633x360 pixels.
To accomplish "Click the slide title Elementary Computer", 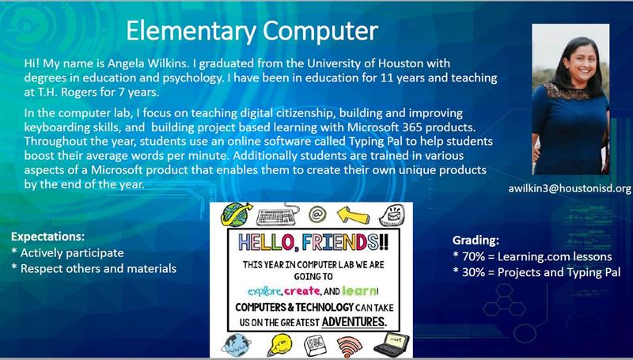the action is pyautogui.click(x=252, y=31).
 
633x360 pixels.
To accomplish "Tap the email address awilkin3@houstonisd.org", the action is pyautogui.click(x=569, y=188).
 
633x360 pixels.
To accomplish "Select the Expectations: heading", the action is pyautogui.click(x=47, y=237).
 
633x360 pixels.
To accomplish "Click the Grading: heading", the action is pyautogui.click(x=476, y=241).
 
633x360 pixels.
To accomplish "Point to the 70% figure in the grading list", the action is pyautogui.click(x=473, y=256).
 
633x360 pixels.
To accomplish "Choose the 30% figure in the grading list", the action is pyautogui.click(x=473, y=272).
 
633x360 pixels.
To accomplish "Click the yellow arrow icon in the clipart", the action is pyautogui.click(x=353, y=215).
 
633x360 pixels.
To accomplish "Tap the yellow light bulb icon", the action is pyautogui.click(x=279, y=345).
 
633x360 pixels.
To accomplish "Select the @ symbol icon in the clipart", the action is pyautogui.click(x=317, y=214).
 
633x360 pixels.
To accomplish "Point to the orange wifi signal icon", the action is pyautogui.click(x=350, y=346).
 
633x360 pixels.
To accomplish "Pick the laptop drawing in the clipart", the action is pyautogui.click(x=391, y=345).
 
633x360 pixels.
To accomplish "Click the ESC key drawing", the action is pyautogui.click(x=315, y=346).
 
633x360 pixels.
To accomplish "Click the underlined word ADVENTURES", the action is pyautogui.click(x=354, y=322).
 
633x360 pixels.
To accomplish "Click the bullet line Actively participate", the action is pyautogui.click(x=67, y=253).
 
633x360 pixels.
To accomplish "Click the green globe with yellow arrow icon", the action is pyautogui.click(x=236, y=214).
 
